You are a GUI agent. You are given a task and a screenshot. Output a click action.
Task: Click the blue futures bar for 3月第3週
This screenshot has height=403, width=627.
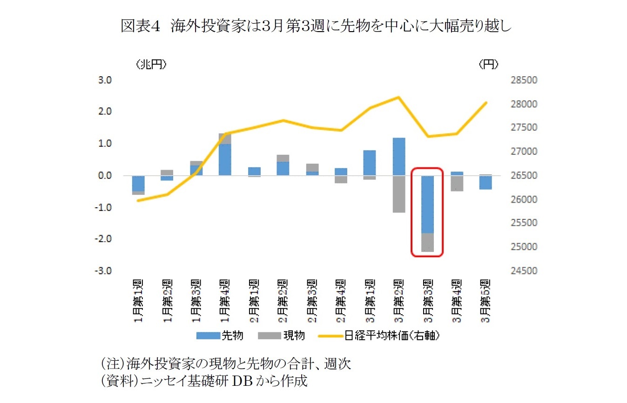tap(427, 205)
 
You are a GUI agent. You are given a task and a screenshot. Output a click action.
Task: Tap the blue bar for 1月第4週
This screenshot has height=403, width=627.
tap(225, 159)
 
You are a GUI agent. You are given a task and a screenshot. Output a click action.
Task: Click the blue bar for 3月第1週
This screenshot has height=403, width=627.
tap(370, 163)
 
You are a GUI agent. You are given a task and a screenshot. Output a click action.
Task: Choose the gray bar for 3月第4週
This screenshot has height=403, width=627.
tap(457, 183)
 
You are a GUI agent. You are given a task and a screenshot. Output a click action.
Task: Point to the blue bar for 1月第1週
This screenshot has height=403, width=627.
tap(138, 183)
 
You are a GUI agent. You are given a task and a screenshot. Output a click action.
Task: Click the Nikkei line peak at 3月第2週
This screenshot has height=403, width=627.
tap(398, 97)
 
